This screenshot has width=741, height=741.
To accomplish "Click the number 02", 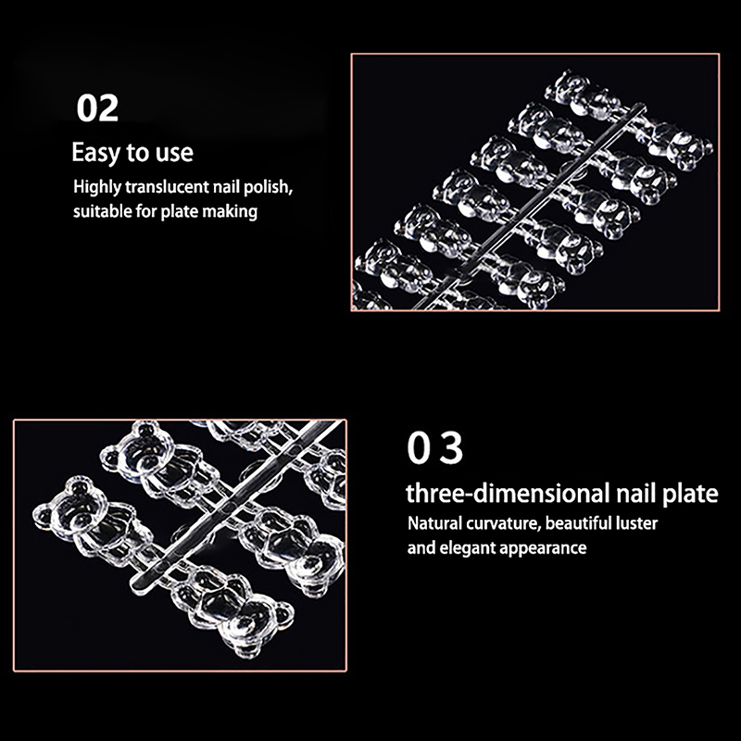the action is point(97,108).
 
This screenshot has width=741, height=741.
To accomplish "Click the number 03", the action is point(434,448).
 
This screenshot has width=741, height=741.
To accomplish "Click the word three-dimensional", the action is point(508,494).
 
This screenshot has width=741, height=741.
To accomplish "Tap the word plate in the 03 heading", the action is point(690,495).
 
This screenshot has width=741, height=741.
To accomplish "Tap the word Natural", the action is point(434,523).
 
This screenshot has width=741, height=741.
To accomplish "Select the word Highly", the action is point(97,187).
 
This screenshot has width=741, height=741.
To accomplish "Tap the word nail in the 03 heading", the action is point(635,494).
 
